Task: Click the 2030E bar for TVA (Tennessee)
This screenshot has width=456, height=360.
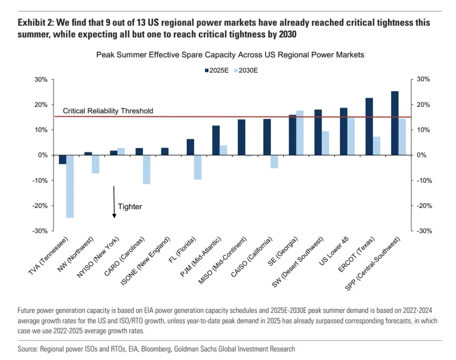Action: [x=70, y=186]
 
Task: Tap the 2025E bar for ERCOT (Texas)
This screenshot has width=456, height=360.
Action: [x=369, y=126]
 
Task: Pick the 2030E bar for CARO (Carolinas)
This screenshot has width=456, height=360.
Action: [x=146, y=169]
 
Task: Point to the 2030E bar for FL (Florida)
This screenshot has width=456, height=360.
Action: [x=197, y=167]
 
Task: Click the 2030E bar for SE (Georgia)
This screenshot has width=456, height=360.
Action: [x=300, y=133]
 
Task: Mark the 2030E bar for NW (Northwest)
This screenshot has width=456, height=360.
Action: [x=95, y=164]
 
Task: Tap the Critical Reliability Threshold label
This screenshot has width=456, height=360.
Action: [x=108, y=111]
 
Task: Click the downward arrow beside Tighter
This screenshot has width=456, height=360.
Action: [x=114, y=202]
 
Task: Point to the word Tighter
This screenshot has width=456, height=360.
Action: [x=130, y=206]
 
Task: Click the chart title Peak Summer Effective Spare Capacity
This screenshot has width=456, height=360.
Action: [x=230, y=55]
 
